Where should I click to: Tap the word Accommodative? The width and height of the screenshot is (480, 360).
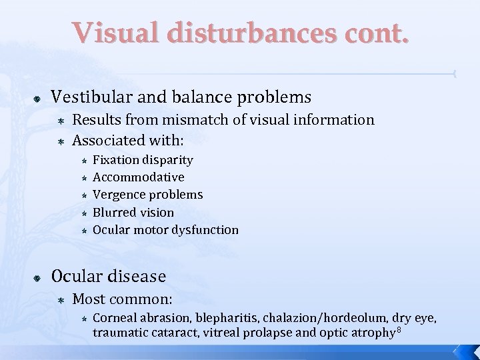pyautogui.click(x=139, y=177)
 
